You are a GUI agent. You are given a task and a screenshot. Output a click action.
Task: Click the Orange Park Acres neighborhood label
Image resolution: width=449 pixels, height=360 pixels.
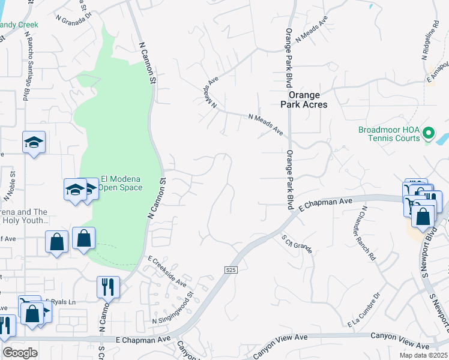pos(307,100)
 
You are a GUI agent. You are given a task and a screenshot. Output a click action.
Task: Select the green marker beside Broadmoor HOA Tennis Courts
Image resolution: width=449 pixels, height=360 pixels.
pos(428,132)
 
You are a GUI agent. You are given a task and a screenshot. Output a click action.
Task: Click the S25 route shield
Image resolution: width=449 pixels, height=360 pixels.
pos(232,270)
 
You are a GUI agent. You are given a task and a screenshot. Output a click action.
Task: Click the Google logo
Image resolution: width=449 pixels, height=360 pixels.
pos(20,352)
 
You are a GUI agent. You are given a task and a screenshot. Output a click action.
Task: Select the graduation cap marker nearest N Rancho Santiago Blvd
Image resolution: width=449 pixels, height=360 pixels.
pos(34,142)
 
